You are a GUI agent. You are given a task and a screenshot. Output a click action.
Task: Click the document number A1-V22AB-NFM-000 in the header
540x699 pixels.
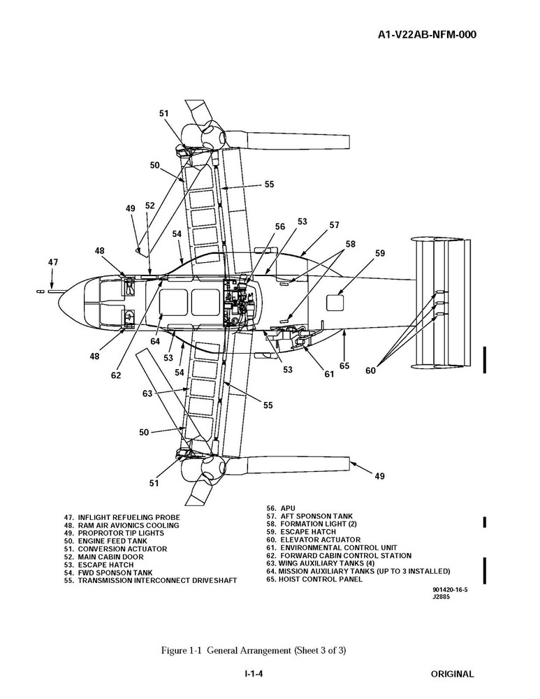click(418, 35)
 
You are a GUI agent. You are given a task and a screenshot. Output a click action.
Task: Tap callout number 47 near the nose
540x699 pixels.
click(54, 262)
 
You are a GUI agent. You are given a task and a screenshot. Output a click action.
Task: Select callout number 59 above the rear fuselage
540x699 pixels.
click(380, 254)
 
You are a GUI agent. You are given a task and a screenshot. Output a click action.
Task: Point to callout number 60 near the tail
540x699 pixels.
click(370, 371)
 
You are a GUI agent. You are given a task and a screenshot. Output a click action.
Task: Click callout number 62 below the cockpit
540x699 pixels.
click(115, 375)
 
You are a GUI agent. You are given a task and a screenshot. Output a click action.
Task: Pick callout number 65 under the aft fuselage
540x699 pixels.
click(344, 366)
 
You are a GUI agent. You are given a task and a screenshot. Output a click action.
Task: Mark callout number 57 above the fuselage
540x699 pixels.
click(335, 225)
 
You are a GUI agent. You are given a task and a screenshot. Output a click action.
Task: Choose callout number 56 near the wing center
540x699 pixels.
click(279, 226)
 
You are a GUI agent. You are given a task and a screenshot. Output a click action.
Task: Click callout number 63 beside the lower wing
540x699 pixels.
click(147, 394)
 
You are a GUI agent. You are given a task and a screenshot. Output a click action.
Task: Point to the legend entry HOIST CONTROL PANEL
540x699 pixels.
click(314, 579)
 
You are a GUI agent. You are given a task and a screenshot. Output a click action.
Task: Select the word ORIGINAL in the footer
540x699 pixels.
click(452, 674)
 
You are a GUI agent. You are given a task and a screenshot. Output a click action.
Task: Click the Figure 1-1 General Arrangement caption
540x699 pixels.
click(254, 650)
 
